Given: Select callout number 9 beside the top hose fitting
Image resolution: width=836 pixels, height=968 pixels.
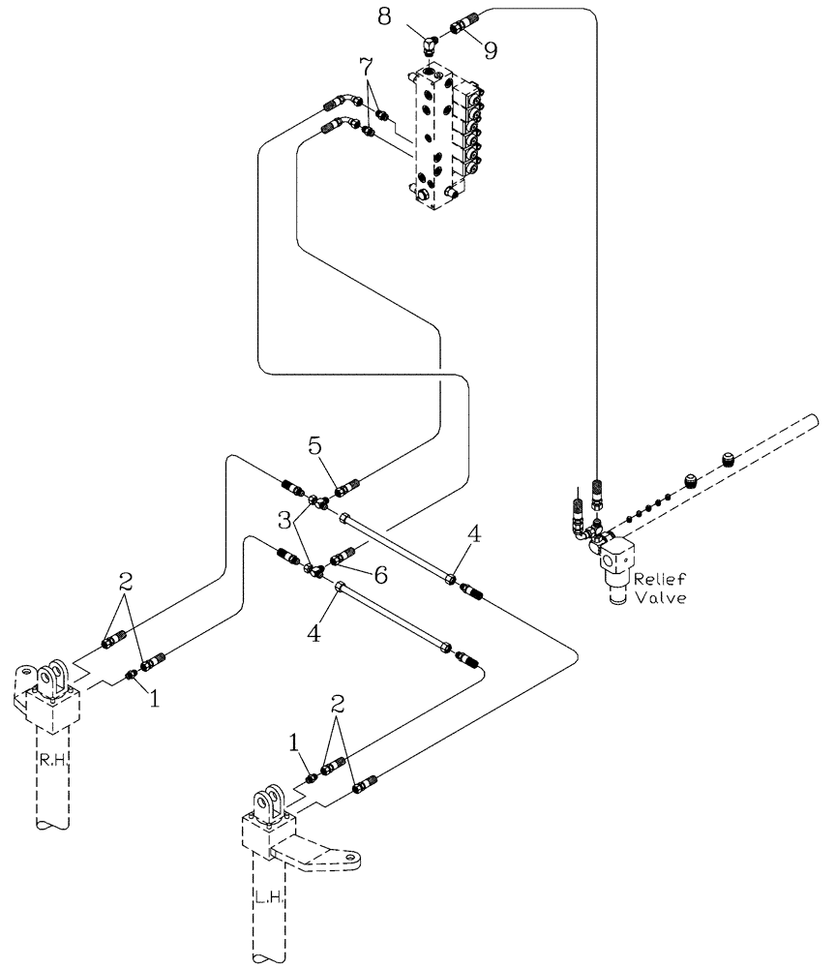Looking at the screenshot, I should tap(491, 50).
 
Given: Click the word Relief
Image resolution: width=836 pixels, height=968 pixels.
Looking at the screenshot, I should tap(660, 580).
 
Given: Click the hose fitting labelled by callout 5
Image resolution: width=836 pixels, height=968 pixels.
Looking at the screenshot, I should tap(347, 484).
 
